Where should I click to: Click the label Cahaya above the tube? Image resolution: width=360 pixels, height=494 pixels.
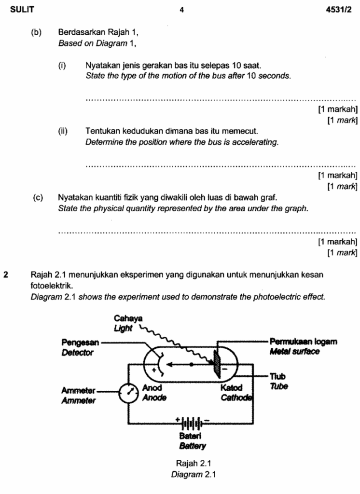pos(125,318)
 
